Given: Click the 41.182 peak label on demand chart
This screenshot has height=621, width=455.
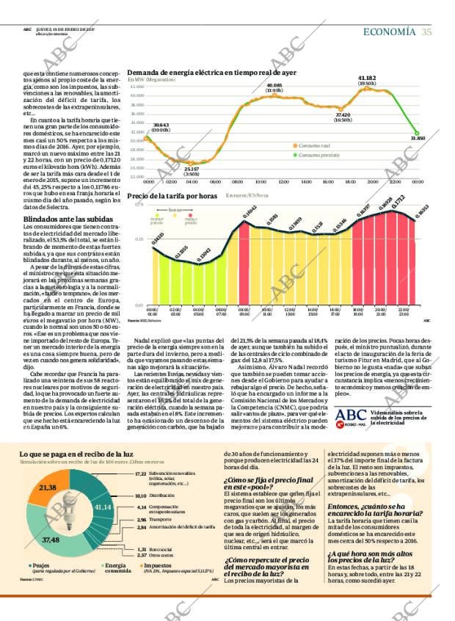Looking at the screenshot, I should pyautogui.click(x=367, y=77).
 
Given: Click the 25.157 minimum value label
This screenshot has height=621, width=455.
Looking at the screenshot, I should pyautogui.click(x=191, y=169).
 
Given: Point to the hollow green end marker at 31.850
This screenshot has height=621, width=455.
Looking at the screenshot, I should pyautogui.click(x=417, y=133).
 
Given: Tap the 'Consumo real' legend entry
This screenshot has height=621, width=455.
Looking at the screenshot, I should pyautogui.click(x=315, y=146).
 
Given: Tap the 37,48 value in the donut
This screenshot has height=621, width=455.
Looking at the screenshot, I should pyautogui.click(x=51, y=540).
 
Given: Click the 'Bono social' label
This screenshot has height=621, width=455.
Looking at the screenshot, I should pyautogui.click(x=162, y=549).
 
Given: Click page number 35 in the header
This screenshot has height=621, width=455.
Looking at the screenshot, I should pyautogui.click(x=426, y=32).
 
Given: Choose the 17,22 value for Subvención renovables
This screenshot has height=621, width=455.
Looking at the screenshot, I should pyautogui.click(x=141, y=474).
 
